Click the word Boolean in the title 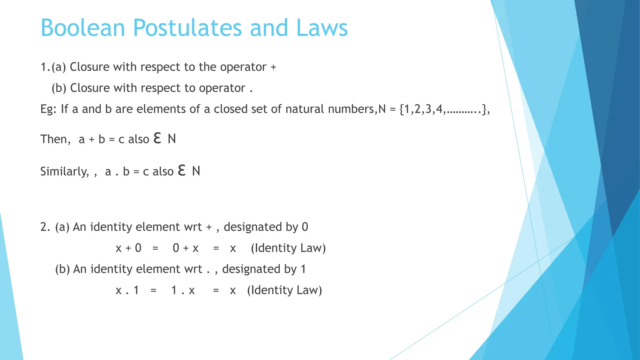point(83,28)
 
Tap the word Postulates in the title point(187,28)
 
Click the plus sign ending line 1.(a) point(273,67)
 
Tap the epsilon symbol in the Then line point(157,138)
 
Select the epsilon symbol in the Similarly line point(182,170)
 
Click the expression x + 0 point(128,248)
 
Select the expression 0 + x point(186,248)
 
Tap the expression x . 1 point(127,290)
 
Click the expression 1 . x point(183,290)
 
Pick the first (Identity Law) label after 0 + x point(288,248)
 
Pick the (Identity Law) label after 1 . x point(284,290)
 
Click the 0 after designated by point(305,227)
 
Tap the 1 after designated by point(303,269)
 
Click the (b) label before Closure point(59,88)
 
